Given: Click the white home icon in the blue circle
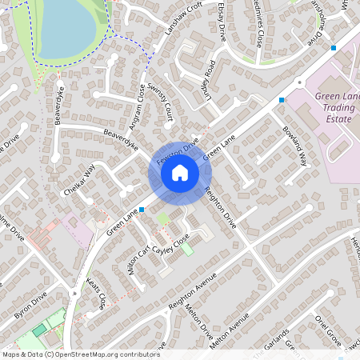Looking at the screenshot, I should click(180, 172).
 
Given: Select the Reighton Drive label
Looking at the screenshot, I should click(221, 206).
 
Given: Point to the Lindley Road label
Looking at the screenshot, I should click(207, 79).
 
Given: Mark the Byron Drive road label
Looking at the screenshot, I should click(30, 304).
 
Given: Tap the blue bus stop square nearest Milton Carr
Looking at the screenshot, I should click(142, 210).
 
